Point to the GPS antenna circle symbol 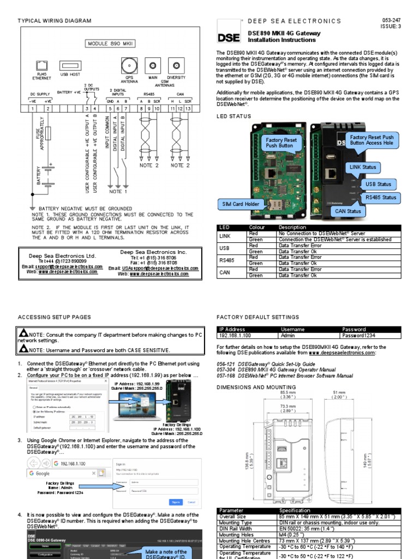pos(129,64)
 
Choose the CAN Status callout pos(348,211)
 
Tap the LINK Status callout pos(362,167)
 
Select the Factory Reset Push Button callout pos(281,143)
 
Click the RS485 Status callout pos(381,198)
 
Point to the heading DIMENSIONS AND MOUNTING pos(256,387)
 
